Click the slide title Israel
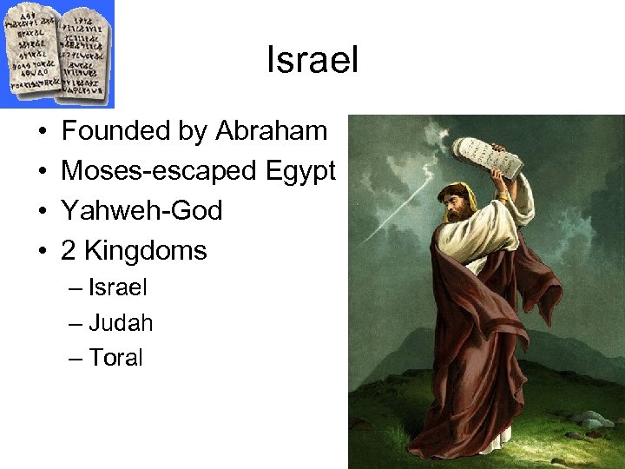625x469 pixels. tap(312, 62)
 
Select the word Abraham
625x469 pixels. tap(271, 131)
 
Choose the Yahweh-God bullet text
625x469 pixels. tap(141, 211)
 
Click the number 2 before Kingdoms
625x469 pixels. tap(69, 251)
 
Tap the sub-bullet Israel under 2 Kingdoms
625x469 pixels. tap(118, 287)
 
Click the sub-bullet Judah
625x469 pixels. tap(121, 323)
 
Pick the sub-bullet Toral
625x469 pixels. tap(115, 358)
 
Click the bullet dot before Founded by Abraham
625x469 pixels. tap(43, 132)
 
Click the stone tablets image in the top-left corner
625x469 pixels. tap(57, 51)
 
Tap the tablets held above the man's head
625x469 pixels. tap(487, 159)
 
